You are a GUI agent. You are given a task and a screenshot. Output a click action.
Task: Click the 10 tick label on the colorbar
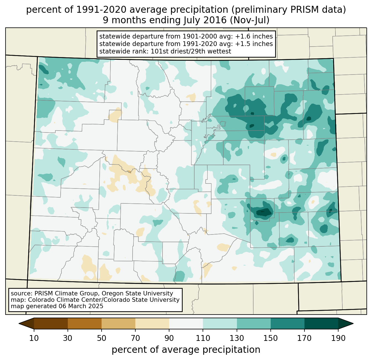34,338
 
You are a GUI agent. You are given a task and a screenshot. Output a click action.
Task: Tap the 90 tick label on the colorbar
169,338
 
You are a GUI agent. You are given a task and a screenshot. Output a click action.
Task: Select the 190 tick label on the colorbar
338,338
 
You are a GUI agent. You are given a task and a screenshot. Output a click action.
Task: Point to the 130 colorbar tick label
237,338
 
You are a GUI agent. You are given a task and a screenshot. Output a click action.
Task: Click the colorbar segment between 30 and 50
85,323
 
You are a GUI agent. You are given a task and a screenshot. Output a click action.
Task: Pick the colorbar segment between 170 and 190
321,323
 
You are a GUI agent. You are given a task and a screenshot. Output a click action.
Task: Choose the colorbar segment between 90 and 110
186,323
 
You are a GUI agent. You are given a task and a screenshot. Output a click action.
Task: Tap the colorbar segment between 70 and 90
152,323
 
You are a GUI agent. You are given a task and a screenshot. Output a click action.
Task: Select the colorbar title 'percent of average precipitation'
186,350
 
